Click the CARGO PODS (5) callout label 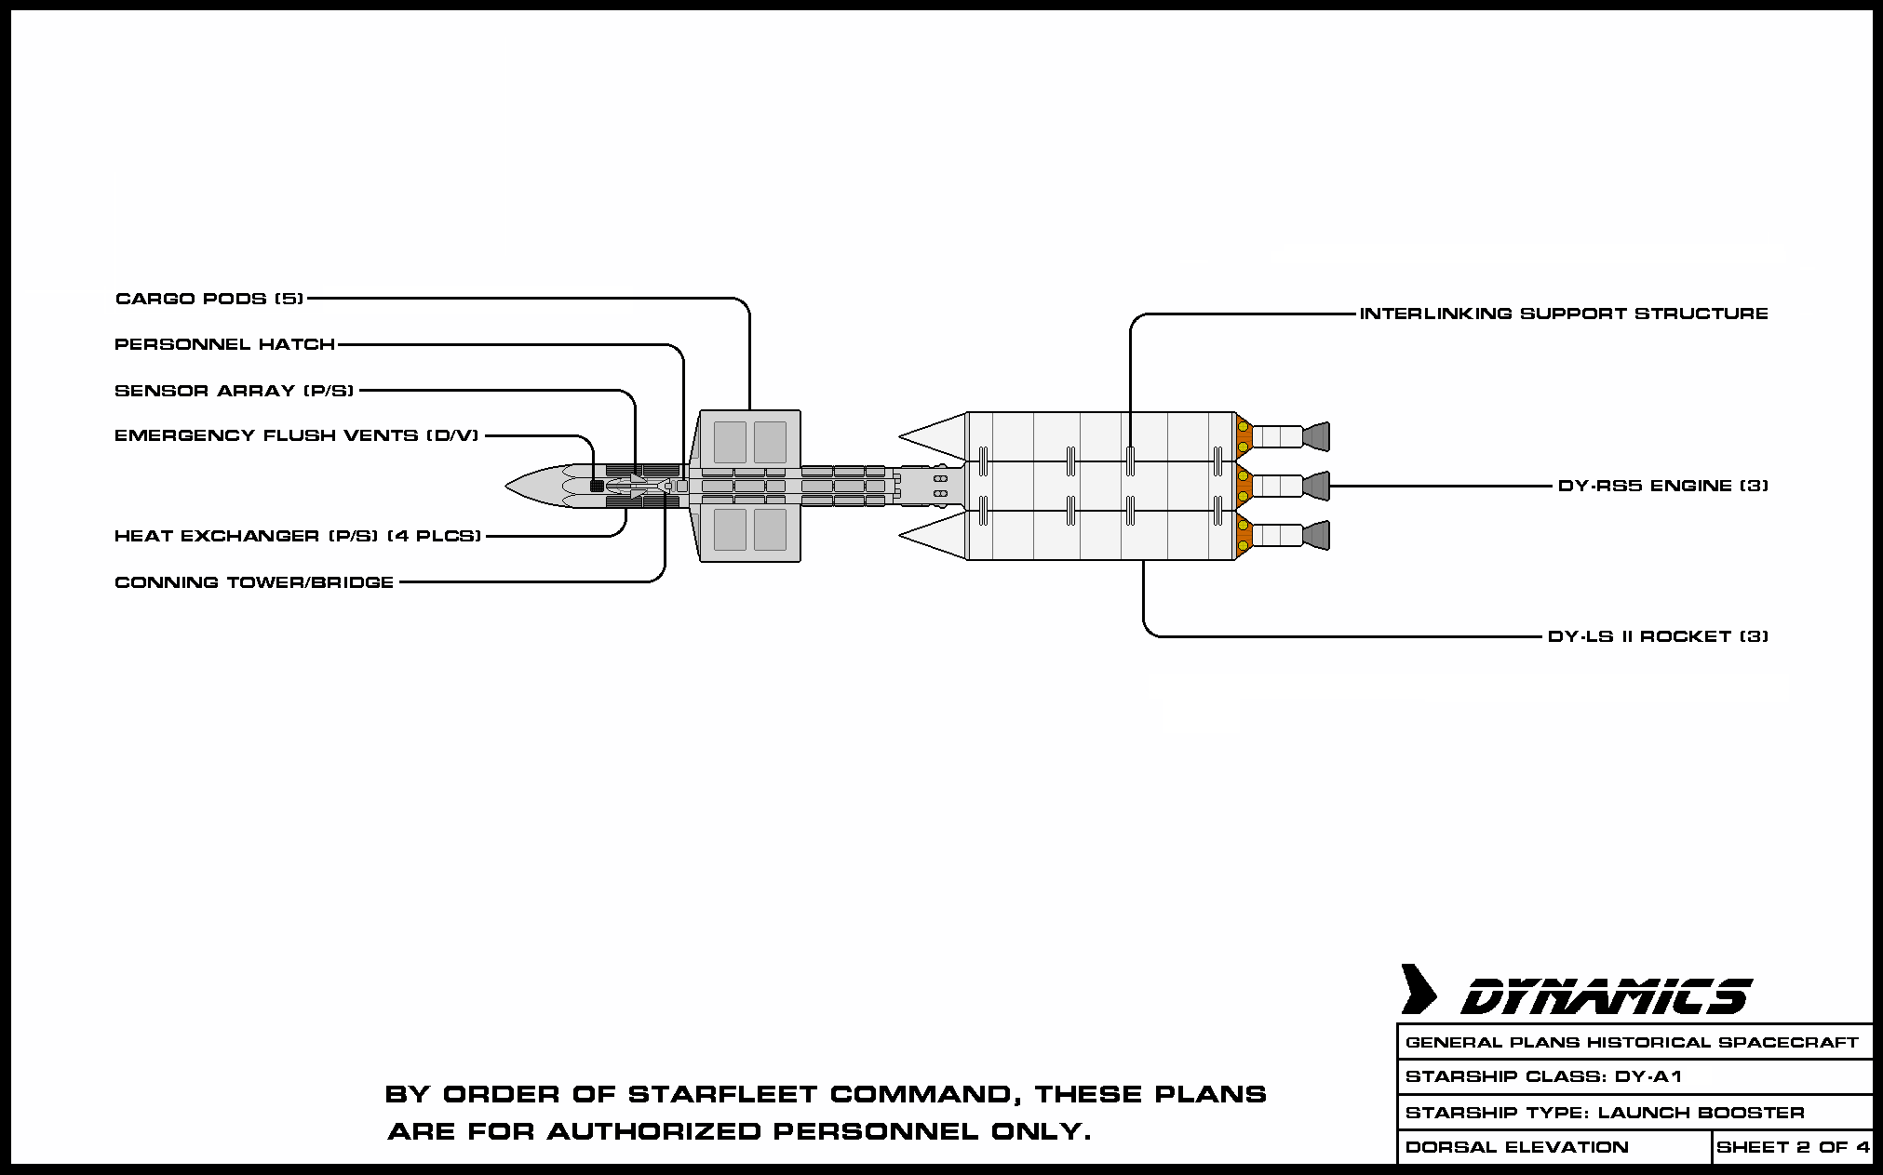209,299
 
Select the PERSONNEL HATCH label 224,344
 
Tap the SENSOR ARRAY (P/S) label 234,391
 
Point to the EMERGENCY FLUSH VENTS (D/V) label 296,435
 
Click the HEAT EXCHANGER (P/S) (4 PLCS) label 297,536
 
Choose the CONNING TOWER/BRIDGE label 254,582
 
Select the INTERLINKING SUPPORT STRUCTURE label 1564,314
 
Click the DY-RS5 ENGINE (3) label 1662,486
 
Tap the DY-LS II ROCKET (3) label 1658,636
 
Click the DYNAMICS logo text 1606,996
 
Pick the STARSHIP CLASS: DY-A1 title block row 1543,1077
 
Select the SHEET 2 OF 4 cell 1793,1147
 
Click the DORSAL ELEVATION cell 1516,1147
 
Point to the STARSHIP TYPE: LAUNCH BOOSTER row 1605,1113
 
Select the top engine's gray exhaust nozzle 1316,436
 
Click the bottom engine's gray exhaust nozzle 1316,535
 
